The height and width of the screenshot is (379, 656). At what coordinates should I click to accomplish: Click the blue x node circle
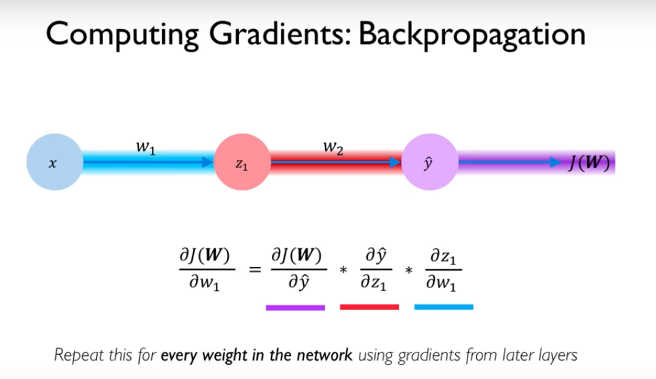click(x=54, y=163)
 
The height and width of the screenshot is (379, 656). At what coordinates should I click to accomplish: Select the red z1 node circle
click(x=242, y=163)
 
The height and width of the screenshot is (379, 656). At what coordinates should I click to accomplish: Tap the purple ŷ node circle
click(x=429, y=163)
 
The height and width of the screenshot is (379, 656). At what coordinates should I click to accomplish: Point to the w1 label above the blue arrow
click(x=146, y=148)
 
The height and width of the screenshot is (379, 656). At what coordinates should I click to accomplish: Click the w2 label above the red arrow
click(x=333, y=148)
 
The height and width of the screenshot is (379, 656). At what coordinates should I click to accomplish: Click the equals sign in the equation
click(x=255, y=270)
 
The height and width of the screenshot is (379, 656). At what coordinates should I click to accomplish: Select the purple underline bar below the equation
click(x=295, y=307)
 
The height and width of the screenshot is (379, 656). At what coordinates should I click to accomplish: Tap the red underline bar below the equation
click(x=369, y=307)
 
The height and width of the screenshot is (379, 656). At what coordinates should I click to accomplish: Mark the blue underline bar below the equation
click(x=444, y=307)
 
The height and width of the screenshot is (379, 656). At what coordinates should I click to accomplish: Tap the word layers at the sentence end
click(x=558, y=355)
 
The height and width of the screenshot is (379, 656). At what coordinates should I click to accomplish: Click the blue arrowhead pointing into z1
click(x=206, y=163)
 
